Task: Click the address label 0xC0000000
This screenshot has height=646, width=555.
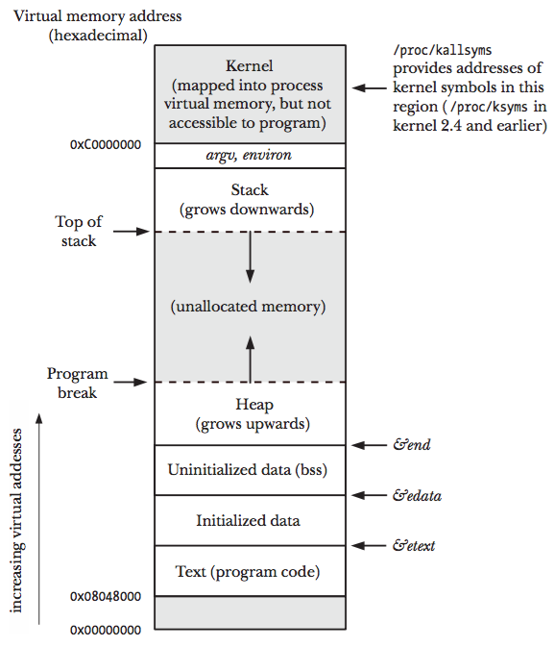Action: coord(106,144)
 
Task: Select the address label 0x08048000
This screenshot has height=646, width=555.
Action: coord(106,596)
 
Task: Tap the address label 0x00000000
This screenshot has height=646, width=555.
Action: coord(106,630)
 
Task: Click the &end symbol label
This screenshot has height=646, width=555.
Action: coord(412,445)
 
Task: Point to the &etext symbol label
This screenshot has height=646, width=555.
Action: coord(414,546)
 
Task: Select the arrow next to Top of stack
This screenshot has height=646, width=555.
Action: coord(132,232)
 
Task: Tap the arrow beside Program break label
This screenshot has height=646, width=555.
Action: coord(132,383)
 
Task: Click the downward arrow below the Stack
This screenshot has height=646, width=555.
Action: coord(250,257)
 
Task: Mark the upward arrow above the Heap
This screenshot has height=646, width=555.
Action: coord(250,359)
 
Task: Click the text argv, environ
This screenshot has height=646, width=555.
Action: coord(249,155)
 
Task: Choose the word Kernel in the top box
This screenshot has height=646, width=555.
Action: coord(249,66)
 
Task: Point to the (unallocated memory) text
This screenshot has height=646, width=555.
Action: coord(249,308)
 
